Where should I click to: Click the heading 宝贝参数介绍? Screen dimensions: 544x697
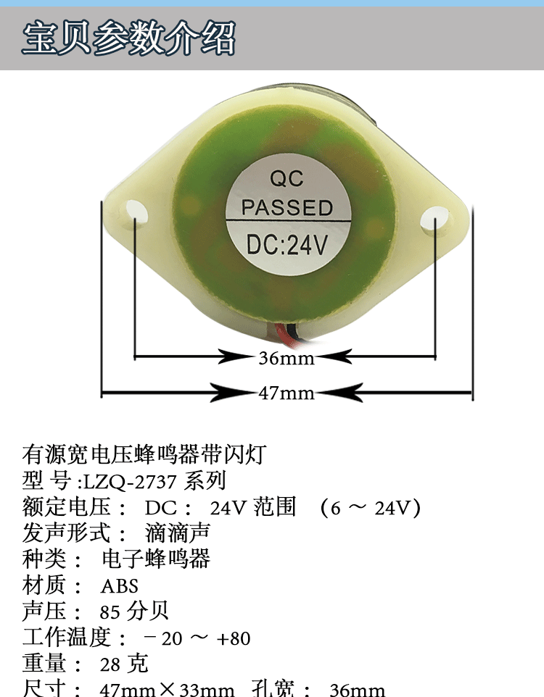(129, 38)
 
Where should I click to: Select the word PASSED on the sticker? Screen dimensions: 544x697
(287, 208)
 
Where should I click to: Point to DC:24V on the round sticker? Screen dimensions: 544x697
(287, 245)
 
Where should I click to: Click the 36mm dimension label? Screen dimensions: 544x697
(286, 358)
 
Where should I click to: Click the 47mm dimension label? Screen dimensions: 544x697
(287, 393)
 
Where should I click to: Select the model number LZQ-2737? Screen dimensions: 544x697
(129, 481)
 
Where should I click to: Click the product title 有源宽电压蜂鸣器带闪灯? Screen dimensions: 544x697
(145, 455)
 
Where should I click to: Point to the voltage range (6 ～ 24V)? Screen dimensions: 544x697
(370, 507)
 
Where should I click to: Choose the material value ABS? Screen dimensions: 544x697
(119, 585)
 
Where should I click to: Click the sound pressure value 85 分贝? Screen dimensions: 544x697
(134, 611)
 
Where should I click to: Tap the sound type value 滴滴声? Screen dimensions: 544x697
(177, 533)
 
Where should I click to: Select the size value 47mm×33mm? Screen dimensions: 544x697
(167, 689)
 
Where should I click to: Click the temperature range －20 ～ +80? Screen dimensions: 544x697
(197, 638)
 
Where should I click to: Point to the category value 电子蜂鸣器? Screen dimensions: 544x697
(156, 559)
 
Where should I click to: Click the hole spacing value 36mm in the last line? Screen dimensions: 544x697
(357, 689)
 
